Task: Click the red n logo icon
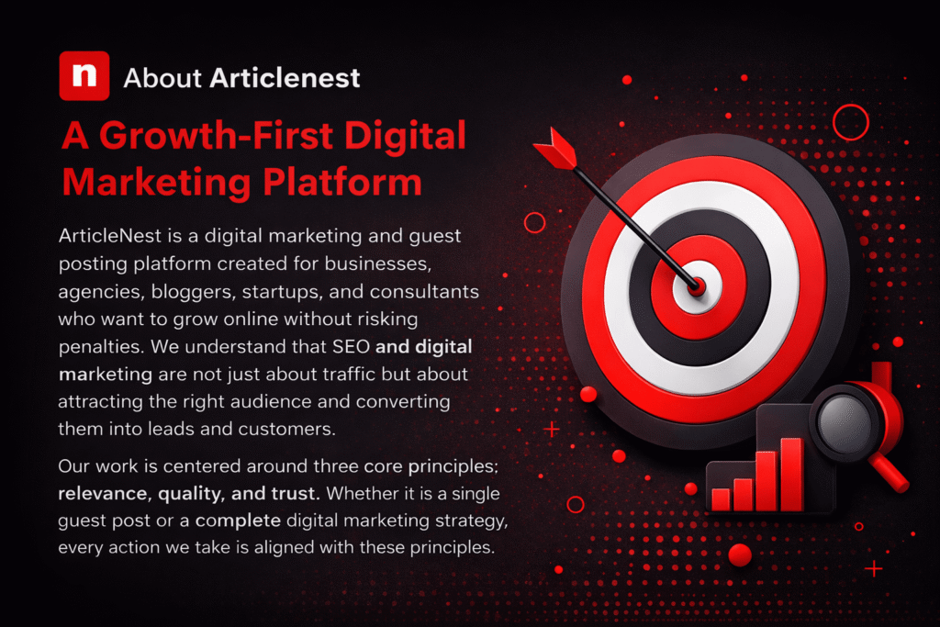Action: (84, 75)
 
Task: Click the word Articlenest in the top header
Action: (285, 78)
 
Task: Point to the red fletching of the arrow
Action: (554, 147)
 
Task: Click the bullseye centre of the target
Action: (697, 287)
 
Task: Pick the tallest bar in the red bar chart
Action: (790, 472)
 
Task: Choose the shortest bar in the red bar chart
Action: (721, 498)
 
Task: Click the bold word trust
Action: (291, 494)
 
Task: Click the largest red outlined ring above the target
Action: (849, 122)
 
